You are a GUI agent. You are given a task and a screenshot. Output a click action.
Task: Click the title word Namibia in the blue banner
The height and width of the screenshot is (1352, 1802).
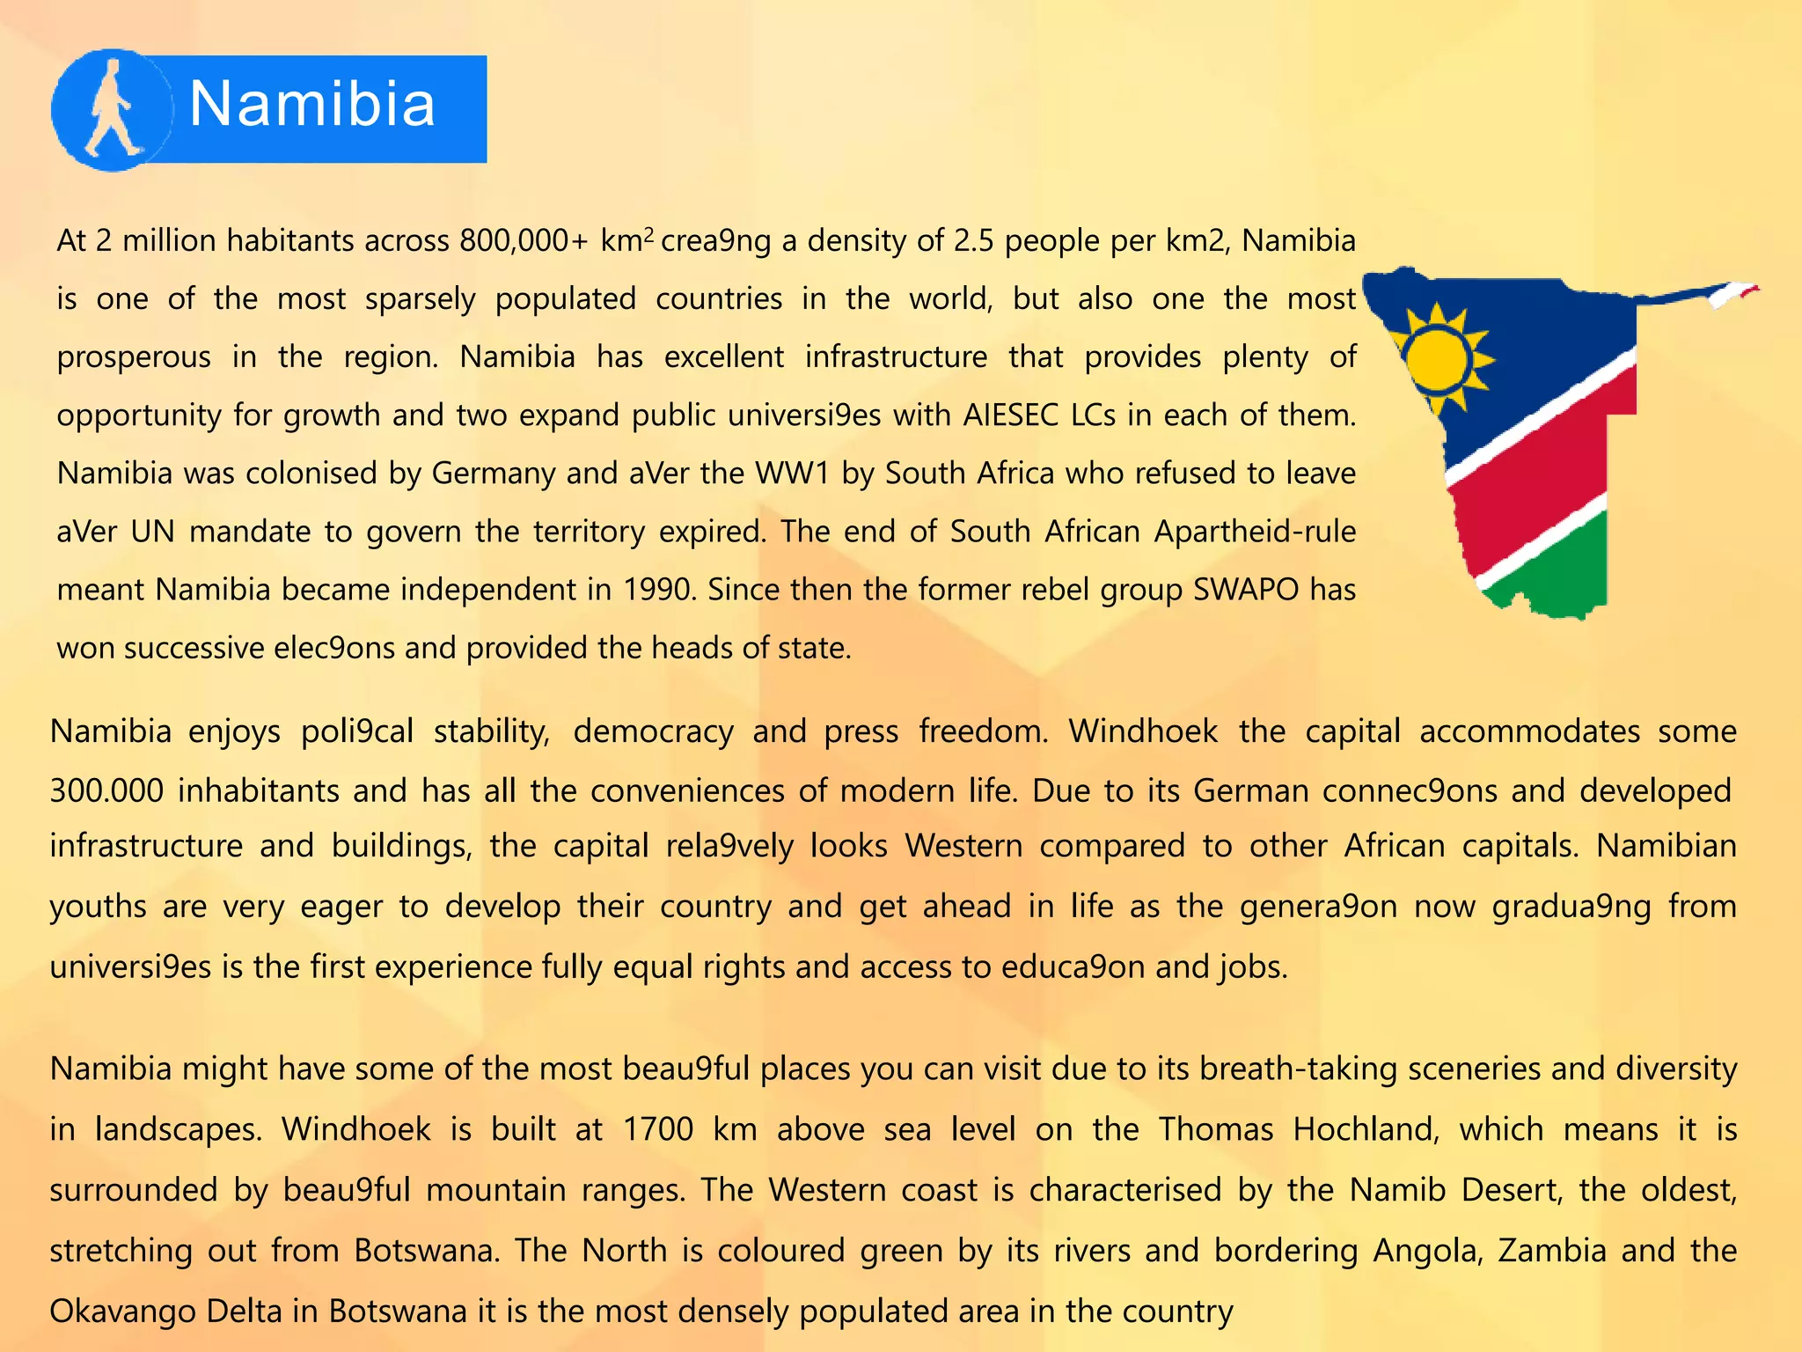(x=312, y=105)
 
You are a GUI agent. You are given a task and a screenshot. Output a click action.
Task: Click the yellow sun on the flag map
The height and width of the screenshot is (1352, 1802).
(x=1436, y=359)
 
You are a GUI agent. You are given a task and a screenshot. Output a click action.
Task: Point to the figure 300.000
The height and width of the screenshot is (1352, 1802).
(x=106, y=790)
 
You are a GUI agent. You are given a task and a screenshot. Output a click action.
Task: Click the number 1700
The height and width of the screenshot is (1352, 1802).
(x=658, y=1129)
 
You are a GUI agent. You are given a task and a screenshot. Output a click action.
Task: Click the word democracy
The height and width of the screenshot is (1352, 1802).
(x=653, y=731)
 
